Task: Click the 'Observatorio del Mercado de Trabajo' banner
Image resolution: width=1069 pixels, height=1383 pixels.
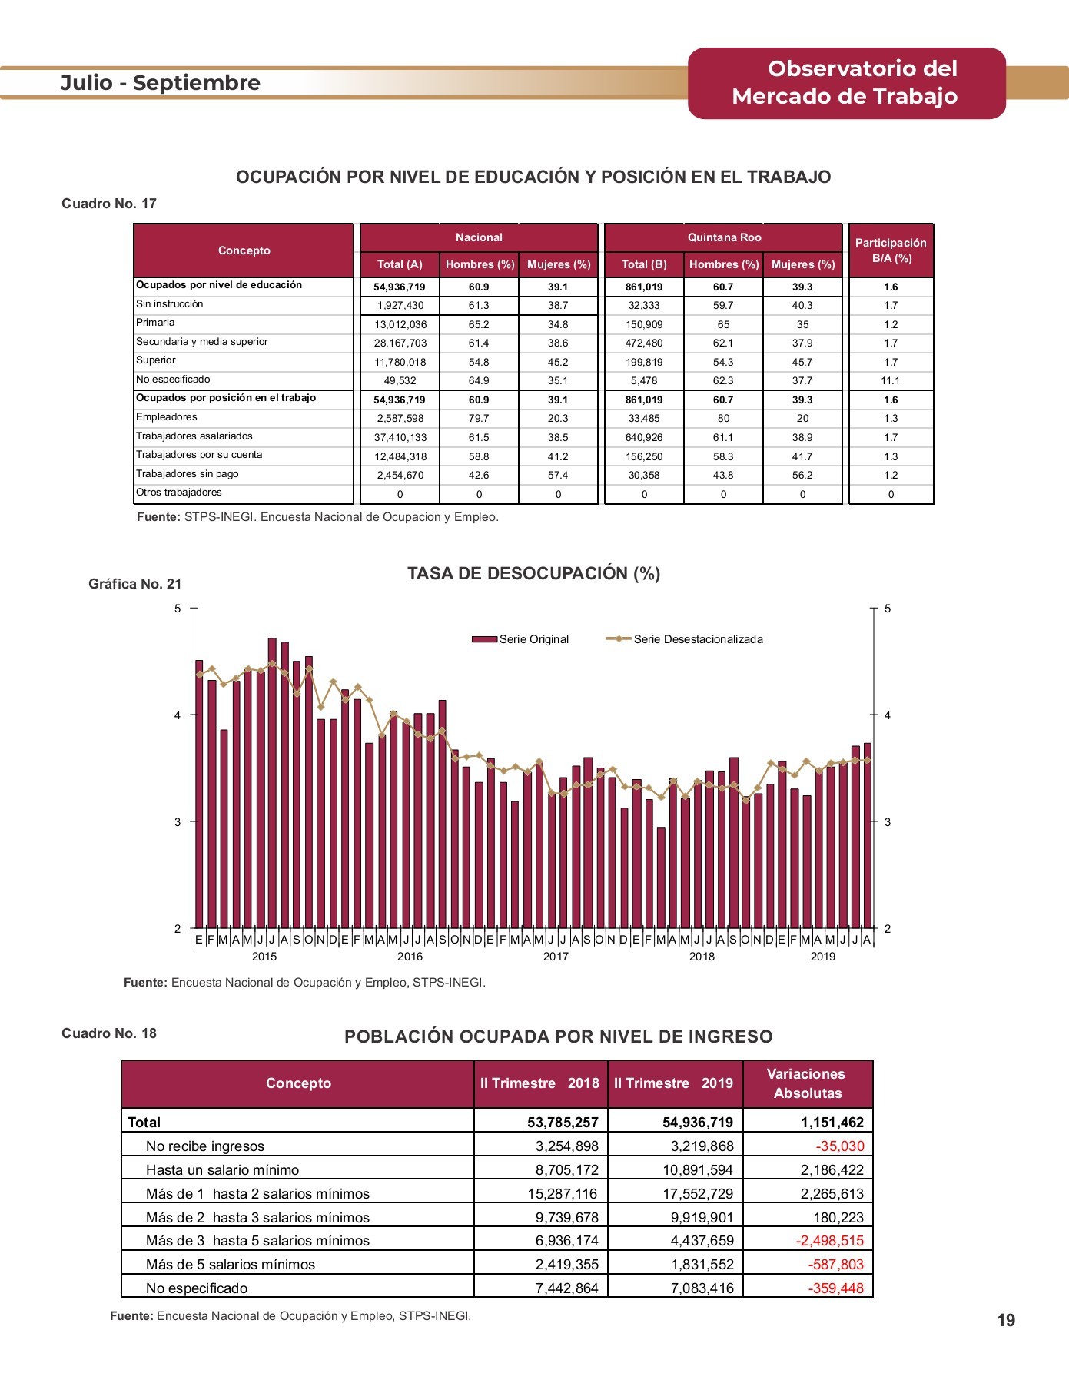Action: (x=846, y=83)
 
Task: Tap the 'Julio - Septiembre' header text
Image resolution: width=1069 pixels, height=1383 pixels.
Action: (x=161, y=83)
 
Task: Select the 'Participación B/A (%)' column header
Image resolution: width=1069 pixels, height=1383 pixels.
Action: (x=891, y=250)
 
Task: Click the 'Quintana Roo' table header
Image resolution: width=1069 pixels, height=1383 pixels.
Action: (x=724, y=237)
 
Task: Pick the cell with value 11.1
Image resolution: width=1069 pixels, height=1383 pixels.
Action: (x=891, y=380)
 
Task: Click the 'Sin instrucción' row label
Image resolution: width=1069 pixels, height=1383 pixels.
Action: (x=170, y=304)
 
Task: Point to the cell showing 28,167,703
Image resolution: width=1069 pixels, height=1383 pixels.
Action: (x=400, y=343)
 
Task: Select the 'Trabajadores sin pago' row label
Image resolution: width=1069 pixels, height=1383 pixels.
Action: (x=188, y=474)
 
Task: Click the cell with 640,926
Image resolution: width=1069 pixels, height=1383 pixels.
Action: (x=644, y=437)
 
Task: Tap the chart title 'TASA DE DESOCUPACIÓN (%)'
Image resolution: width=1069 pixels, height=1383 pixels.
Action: (x=534, y=574)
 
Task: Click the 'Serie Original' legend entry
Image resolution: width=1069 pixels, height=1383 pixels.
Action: (x=520, y=639)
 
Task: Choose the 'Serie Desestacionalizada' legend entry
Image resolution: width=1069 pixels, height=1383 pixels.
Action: (x=685, y=639)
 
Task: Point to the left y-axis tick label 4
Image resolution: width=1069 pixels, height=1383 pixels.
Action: (x=178, y=715)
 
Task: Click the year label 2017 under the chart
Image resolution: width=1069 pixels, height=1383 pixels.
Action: (x=556, y=957)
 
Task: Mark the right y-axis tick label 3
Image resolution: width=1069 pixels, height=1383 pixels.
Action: (x=888, y=822)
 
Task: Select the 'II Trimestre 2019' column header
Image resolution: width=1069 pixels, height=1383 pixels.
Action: (x=674, y=1083)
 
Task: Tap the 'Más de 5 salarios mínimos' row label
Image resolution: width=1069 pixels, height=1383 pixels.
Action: (x=231, y=1265)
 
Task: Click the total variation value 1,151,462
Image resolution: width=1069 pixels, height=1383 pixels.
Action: (x=832, y=1123)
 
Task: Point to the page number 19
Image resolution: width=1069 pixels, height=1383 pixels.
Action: (x=1007, y=1321)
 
